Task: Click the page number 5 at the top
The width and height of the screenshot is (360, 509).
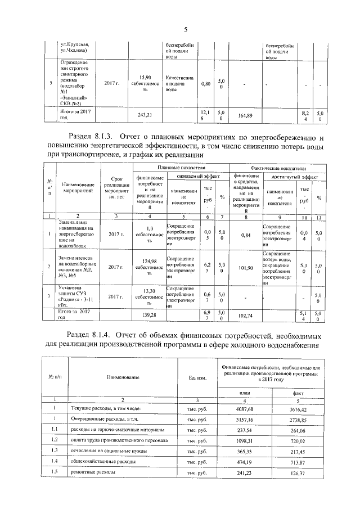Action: (185, 30)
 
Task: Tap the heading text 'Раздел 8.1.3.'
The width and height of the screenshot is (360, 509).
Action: (91, 137)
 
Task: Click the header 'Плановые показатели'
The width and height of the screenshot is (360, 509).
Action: (181, 168)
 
